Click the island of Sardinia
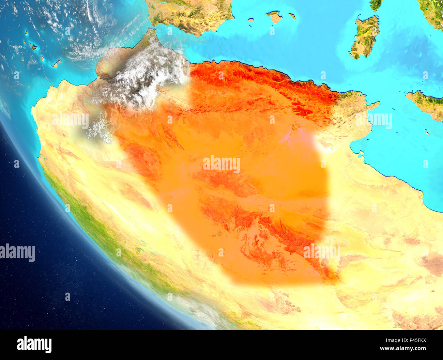click(365, 37)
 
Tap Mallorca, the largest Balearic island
click(274, 17)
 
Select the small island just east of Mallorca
click(291, 16)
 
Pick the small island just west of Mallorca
click(251, 20)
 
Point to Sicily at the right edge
click(428, 104)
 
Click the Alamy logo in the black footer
click(34, 344)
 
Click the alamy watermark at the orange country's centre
click(221, 164)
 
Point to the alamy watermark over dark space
click(18, 253)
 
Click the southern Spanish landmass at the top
click(191, 15)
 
